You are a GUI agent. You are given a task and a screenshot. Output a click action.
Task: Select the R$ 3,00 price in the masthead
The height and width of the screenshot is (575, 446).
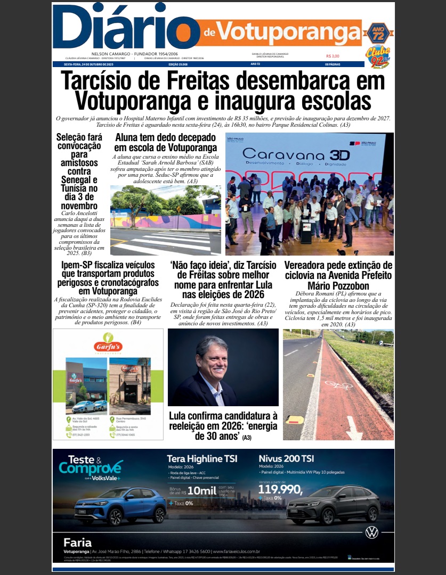333,56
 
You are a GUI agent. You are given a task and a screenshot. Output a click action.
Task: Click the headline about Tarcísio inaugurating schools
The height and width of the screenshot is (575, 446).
223,91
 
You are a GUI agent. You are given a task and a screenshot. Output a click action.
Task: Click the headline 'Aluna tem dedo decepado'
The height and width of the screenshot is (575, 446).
165,143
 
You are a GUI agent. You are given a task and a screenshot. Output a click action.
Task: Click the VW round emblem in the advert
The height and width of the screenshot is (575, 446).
372,532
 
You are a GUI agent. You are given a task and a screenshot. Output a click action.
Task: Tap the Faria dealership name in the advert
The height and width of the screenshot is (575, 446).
77,543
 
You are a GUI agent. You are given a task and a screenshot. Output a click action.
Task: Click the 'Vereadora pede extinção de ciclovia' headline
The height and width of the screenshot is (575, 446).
338,275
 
